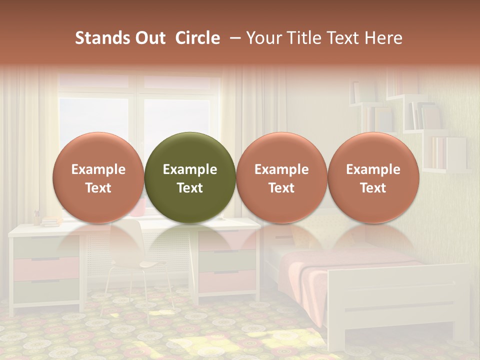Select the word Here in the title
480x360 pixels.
pyautogui.click(x=384, y=38)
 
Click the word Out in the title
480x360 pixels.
pyautogui.click(x=148, y=38)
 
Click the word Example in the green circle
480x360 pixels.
pyautogui.click(x=190, y=169)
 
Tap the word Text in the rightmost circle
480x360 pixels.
pyautogui.click(x=373, y=188)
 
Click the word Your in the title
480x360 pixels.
pyautogui.click(x=263, y=38)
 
